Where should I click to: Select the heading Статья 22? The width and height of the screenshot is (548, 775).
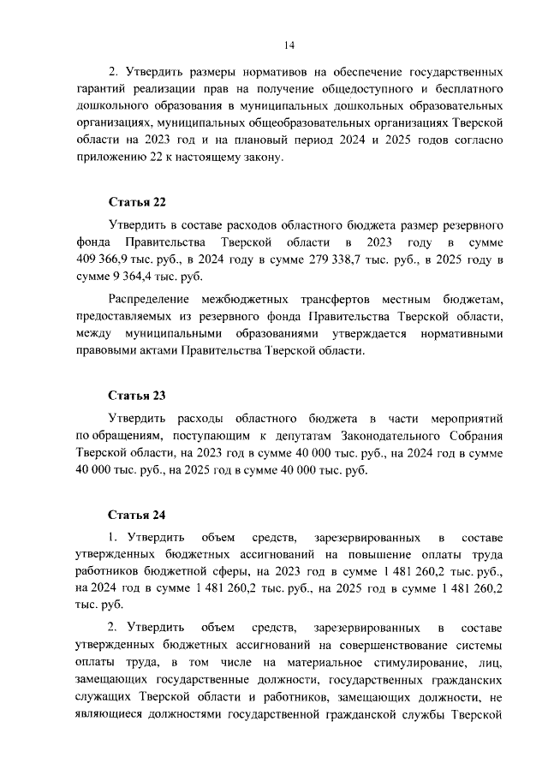pos(136,202)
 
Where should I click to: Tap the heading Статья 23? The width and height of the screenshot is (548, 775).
pos(136,396)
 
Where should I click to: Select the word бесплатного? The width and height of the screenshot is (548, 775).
pos(460,88)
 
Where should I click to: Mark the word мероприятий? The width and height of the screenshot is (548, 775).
pos(461,418)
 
